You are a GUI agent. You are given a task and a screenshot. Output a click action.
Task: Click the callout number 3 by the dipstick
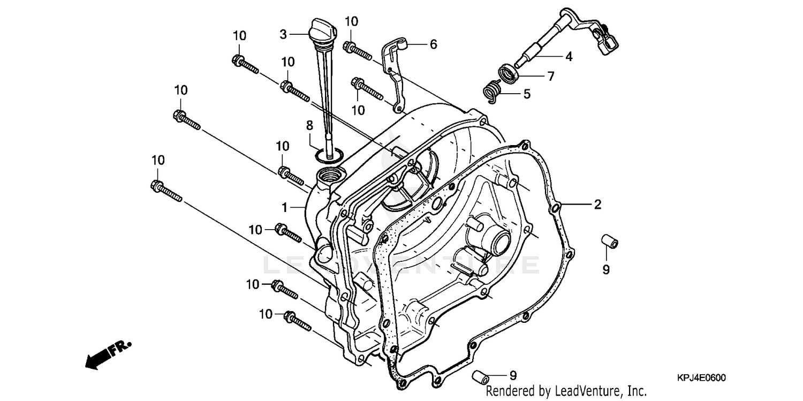click(283, 34)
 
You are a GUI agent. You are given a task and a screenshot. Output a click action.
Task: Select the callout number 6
click(433, 44)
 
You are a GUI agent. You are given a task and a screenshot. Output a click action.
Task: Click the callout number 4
click(569, 56)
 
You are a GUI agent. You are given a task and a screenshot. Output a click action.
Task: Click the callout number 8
click(309, 126)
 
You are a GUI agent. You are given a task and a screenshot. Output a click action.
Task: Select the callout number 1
click(286, 207)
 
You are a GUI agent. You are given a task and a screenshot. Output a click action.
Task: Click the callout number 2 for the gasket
click(597, 204)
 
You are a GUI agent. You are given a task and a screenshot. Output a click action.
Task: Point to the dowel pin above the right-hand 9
click(609, 241)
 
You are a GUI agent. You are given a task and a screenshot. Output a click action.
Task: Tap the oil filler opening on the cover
click(328, 175)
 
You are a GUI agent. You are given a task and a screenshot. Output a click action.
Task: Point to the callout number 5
click(527, 94)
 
